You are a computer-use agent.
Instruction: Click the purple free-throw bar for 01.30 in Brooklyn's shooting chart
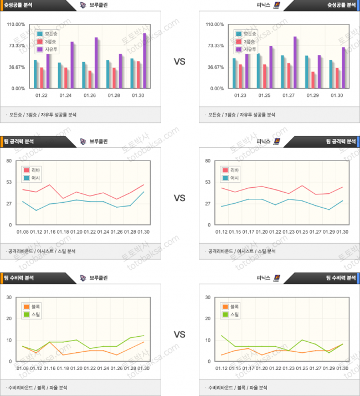coord(145,61)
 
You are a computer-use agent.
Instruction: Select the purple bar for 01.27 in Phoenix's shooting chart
coord(295,63)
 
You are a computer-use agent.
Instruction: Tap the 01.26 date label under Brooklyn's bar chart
coord(90,95)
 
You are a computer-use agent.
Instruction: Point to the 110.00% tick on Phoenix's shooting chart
coord(214,24)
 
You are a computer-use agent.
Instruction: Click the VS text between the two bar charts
coord(179,61)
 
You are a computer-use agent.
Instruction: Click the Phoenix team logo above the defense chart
coord(276,278)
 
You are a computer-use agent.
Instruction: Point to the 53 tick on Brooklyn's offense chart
coord(8,182)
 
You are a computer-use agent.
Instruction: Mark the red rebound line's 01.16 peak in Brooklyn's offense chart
coord(49,184)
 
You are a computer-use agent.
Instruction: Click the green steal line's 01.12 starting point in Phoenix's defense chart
coord(222,336)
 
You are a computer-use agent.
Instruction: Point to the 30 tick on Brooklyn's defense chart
coord(8,297)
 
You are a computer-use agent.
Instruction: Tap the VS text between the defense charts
coord(179,335)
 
